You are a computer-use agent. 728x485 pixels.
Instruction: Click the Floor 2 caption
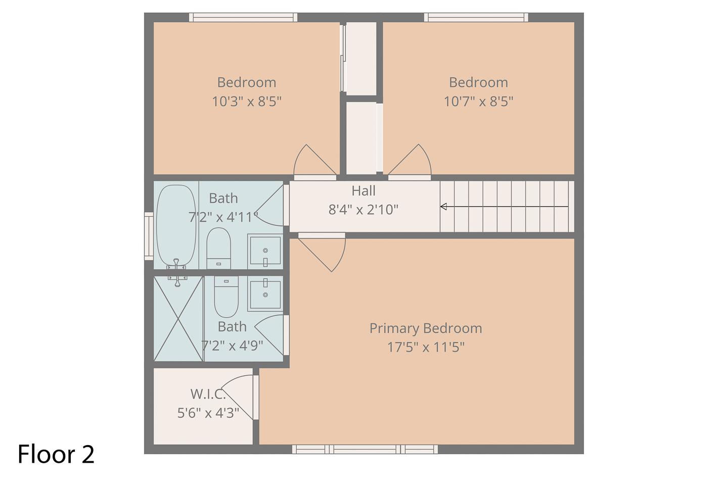pos(56,454)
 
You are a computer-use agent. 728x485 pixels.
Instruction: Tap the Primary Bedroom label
pos(426,328)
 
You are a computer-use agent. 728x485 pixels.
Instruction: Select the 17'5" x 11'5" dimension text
pos(426,347)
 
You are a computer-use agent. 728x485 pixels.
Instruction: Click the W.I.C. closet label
pos(208,394)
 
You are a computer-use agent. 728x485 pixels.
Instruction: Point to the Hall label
pos(363,190)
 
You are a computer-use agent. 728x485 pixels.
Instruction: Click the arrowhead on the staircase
pos(443,206)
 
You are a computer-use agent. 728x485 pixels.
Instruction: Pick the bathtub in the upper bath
pos(176,226)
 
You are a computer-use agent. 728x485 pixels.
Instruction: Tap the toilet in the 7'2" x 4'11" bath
pos(219,248)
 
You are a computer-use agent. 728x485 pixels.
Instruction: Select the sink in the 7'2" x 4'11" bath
pos(265,251)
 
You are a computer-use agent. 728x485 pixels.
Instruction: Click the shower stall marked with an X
pos(178,318)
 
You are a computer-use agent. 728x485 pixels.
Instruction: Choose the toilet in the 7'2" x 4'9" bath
pos(226,297)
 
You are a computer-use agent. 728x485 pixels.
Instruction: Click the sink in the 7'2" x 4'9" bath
pos(265,294)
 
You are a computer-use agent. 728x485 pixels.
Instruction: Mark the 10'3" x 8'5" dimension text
pos(246,102)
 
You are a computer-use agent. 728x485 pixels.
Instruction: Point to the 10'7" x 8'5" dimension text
pos(478,102)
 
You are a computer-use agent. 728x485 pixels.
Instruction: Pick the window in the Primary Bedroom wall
pos(365,449)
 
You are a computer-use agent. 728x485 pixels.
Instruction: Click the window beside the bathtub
pos(149,236)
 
